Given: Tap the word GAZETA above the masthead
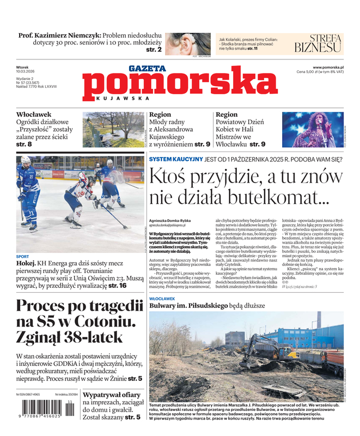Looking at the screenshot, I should click(x=147, y=69).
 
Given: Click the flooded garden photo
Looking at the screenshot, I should click(x=113, y=129).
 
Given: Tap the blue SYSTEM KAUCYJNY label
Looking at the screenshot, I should click(x=175, y=159).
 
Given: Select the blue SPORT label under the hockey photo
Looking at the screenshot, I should click(x=22, y=256).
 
